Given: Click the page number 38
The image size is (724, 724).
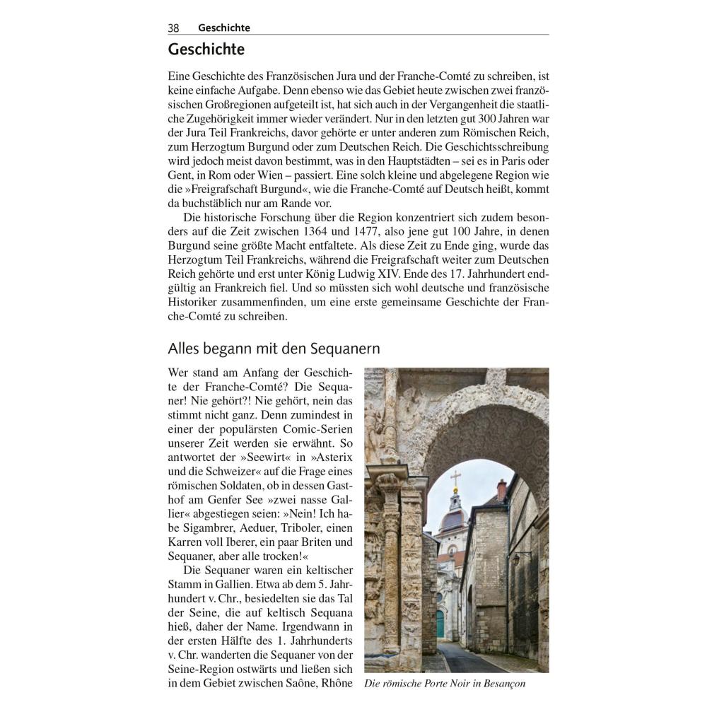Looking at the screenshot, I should [x=173, y=28].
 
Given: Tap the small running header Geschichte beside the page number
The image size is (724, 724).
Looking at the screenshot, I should [x=224, y=28].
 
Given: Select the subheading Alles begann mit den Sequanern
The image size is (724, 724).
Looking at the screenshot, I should [x=274, y=349].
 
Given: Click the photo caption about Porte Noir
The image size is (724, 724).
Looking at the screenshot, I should [x=445, y=684].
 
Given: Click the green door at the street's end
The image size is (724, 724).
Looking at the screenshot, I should [x=440, y=622].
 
